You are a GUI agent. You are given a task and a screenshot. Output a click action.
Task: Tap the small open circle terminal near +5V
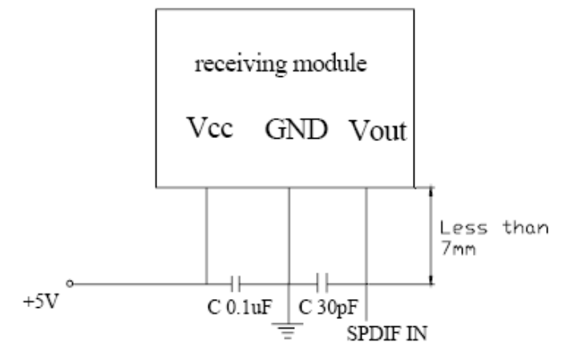(72, 283)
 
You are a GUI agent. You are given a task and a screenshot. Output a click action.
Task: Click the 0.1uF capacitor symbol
(234, 283)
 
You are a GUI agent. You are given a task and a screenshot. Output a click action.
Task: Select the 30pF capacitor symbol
(322, 283)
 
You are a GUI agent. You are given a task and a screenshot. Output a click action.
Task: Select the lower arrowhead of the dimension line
(432, 277)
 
